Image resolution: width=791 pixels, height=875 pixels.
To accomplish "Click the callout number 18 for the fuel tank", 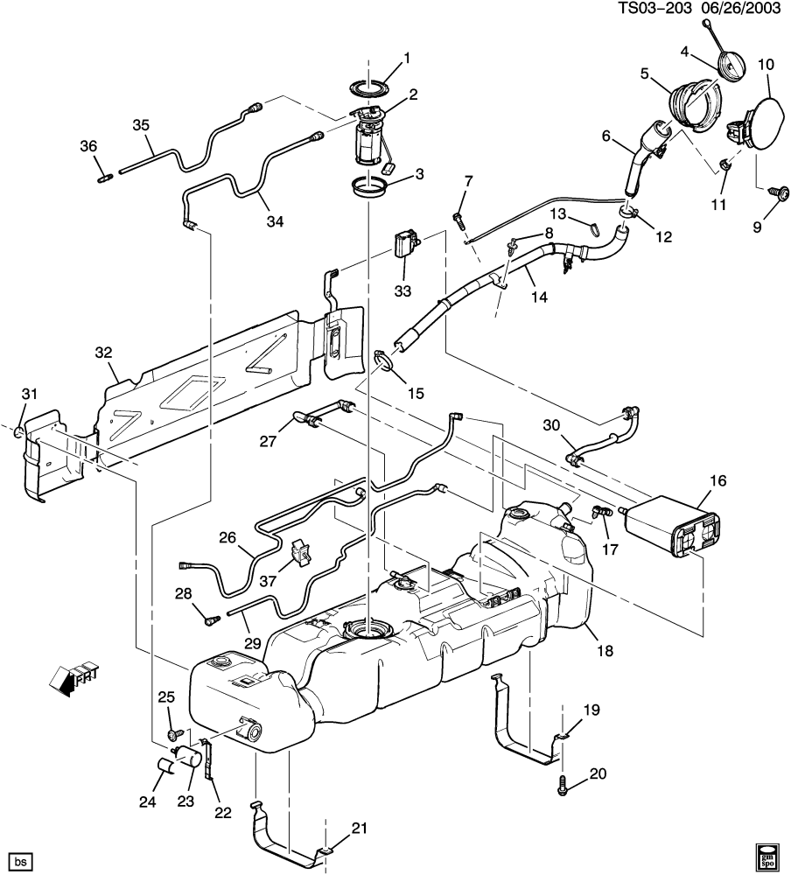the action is (605, 651).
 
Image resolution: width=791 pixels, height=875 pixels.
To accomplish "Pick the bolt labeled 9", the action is (779, 192).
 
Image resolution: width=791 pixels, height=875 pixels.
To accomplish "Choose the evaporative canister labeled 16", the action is (673, 528).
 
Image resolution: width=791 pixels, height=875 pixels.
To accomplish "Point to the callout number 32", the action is (103, 353).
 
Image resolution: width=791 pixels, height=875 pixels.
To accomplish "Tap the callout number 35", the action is (141, 125).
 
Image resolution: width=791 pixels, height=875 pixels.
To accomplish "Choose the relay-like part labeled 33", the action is (406, 244).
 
